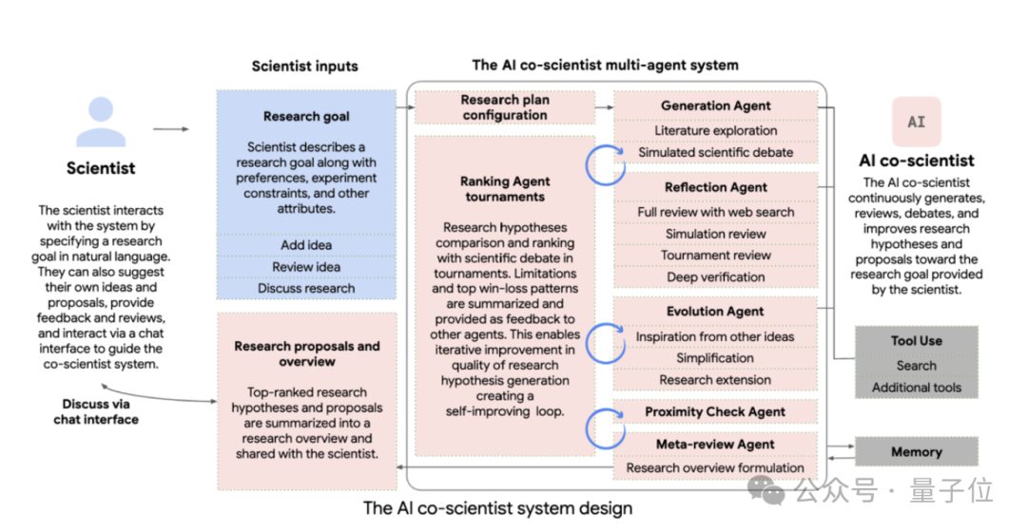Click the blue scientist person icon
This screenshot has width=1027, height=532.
100,123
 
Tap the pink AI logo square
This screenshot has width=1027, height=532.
916,122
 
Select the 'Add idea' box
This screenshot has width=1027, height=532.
305,245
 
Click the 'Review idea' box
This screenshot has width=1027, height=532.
305,267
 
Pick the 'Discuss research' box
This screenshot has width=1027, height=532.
305,288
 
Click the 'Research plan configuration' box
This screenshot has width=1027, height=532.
505,107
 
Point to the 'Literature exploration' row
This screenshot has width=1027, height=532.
715,130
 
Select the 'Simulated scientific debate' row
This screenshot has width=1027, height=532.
715,152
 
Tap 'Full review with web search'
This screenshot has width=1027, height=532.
715,212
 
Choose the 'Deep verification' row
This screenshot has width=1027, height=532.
715,276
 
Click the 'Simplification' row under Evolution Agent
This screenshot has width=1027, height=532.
715,358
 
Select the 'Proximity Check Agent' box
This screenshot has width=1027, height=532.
715,412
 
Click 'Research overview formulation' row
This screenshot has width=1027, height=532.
715,467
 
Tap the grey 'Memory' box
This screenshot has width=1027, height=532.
916,452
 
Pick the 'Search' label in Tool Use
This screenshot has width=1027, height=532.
916,365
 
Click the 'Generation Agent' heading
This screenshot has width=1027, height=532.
715,106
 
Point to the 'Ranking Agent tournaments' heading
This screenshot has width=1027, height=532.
504,189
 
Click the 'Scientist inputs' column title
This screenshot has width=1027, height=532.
304,66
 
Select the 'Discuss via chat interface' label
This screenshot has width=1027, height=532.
95,411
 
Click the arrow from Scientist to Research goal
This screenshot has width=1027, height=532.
170,129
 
